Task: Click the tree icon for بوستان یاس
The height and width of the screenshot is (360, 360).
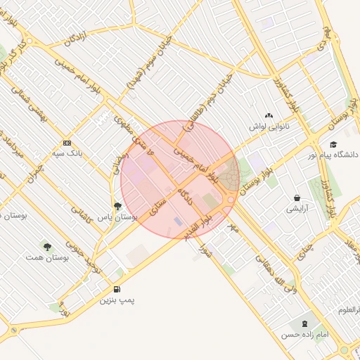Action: tap(117, 206)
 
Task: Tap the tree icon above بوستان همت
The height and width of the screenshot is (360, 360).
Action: tap(47, 247)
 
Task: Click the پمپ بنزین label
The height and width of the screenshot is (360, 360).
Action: tap(116, 300)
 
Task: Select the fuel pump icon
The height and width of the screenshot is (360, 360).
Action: tap(116, 289)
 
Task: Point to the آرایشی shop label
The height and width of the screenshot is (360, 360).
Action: tap(299, 209)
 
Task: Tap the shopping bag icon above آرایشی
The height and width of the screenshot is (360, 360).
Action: tap(297, 198)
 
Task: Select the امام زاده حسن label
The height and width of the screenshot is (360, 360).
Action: tap(304, 335)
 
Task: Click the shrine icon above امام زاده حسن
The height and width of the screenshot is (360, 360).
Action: tap(304, 324)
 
